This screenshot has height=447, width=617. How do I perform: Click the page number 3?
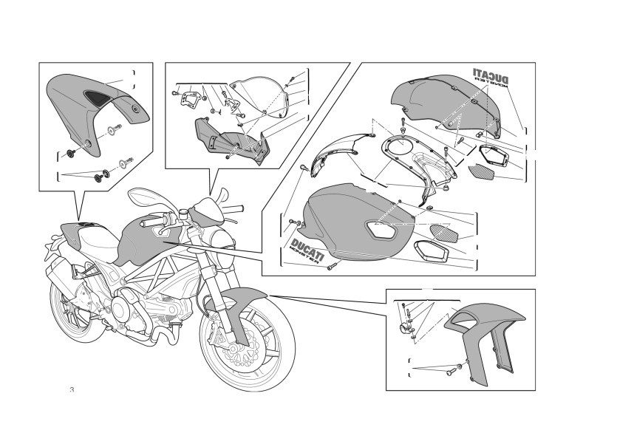72,390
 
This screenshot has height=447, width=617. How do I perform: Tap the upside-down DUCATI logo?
491,76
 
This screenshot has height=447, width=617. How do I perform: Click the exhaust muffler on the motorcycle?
63,276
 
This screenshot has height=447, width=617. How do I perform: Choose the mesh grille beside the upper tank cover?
481,172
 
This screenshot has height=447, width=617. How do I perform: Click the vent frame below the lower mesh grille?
432,251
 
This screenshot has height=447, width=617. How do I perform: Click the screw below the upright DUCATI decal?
332,267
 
